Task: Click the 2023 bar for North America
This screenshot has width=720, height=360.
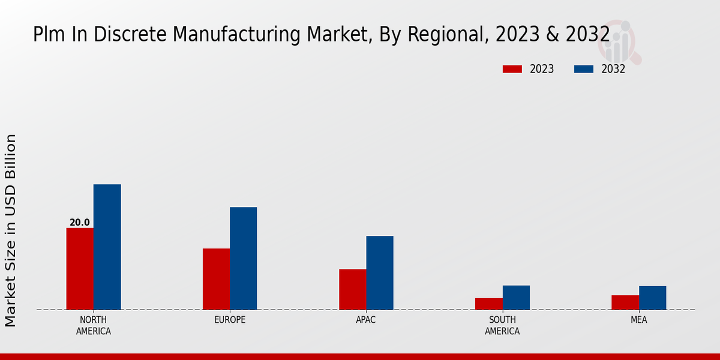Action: [80, 269]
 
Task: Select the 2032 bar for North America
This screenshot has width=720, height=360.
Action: [107, 247]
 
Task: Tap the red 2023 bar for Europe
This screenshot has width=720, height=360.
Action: [216, 279]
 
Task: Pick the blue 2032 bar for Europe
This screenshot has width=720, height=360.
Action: [243, 259]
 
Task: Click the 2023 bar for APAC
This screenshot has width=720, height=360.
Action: [352, 289]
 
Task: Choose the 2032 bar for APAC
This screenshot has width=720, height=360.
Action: [380, 273]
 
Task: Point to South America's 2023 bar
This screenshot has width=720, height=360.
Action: [488, 304]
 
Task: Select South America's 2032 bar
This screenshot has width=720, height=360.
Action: [516, 298]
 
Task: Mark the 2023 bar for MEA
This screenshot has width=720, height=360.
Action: [625, 302]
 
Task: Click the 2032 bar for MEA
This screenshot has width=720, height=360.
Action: [652, 298]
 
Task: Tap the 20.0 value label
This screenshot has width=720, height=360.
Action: [80, 223]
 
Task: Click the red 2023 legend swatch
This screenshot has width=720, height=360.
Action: [512, 69]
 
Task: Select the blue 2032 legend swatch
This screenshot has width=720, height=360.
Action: [583, 69]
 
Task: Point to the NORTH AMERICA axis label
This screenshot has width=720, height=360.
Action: [94, 325]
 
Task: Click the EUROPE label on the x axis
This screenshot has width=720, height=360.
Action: [230, 320]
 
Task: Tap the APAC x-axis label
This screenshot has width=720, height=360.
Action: [366, 320]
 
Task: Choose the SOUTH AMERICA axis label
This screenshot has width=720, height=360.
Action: [502, 325]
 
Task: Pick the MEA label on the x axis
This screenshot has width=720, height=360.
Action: [638, 320]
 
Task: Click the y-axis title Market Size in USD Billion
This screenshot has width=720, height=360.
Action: [11, 230]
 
